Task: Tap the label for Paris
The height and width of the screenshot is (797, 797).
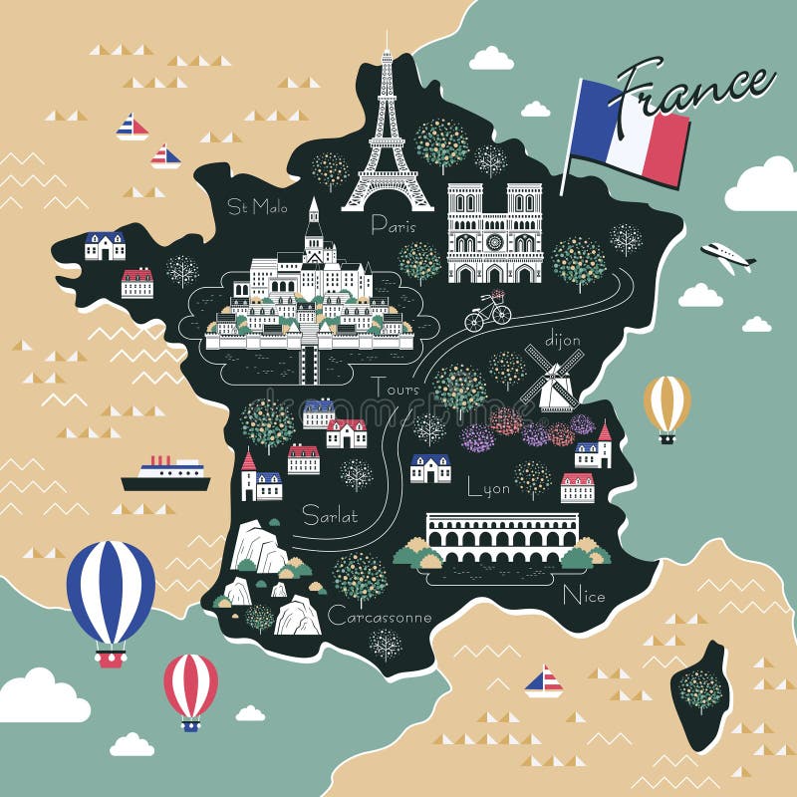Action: pos(393,225)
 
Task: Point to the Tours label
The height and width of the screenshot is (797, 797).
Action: pos(396,388)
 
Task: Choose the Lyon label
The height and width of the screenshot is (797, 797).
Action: pos(488,488)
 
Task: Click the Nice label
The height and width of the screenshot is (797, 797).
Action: pos(584,596)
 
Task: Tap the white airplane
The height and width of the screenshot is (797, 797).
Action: pos(727,256)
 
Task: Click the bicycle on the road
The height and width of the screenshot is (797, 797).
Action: pos(487,312)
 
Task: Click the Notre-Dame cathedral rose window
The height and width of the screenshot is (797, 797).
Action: pos(494,242)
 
